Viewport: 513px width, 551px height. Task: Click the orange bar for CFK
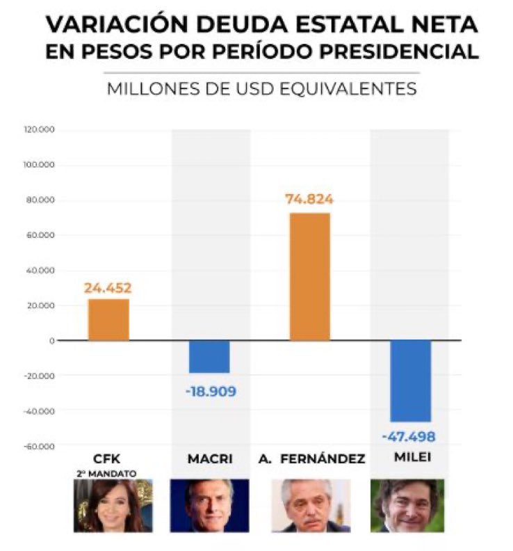click(108, 319)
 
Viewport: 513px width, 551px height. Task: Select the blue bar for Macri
click(209, 356)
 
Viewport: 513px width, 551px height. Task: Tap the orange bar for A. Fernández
click(309, 276)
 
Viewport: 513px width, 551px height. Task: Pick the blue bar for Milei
click(410, 381)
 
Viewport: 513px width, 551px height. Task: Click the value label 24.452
click(108, 288)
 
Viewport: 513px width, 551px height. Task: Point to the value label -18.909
click(210, 392)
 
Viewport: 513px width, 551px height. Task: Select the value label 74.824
click(309, 200)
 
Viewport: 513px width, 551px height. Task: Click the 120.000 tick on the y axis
click(42, 130)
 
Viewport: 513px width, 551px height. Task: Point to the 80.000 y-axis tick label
click(44, 200)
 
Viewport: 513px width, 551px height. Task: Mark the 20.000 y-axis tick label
click(44, 305)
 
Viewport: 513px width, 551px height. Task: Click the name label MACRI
click(211, 459)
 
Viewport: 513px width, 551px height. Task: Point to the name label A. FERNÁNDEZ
click(310, 459)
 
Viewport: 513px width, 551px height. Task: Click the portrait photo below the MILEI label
click(407, 505)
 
